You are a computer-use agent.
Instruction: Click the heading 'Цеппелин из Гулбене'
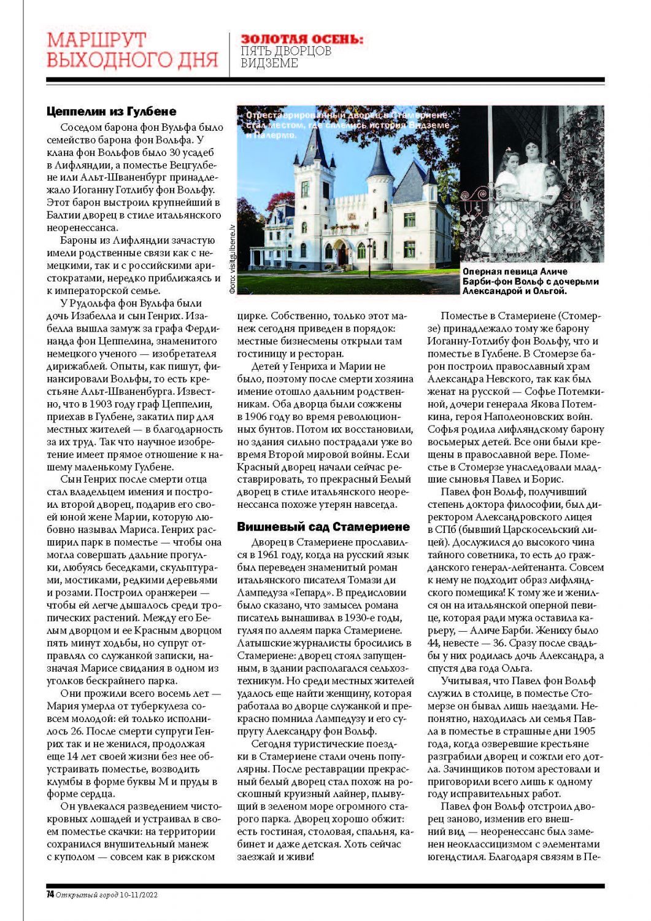click(111, 111)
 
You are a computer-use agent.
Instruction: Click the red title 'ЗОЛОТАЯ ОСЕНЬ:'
click(301, 39)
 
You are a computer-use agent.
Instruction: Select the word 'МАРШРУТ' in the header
click(96, 40)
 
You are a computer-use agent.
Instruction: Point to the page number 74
click(50, 895)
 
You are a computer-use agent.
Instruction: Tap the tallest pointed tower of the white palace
click(315, 147)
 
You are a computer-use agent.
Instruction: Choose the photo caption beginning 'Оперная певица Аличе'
click(530, 281)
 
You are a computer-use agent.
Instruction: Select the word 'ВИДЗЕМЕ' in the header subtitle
click(269, 63)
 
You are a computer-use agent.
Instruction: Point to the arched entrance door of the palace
click(329, 251)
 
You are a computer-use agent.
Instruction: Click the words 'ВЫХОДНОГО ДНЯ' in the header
click(133, 60)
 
